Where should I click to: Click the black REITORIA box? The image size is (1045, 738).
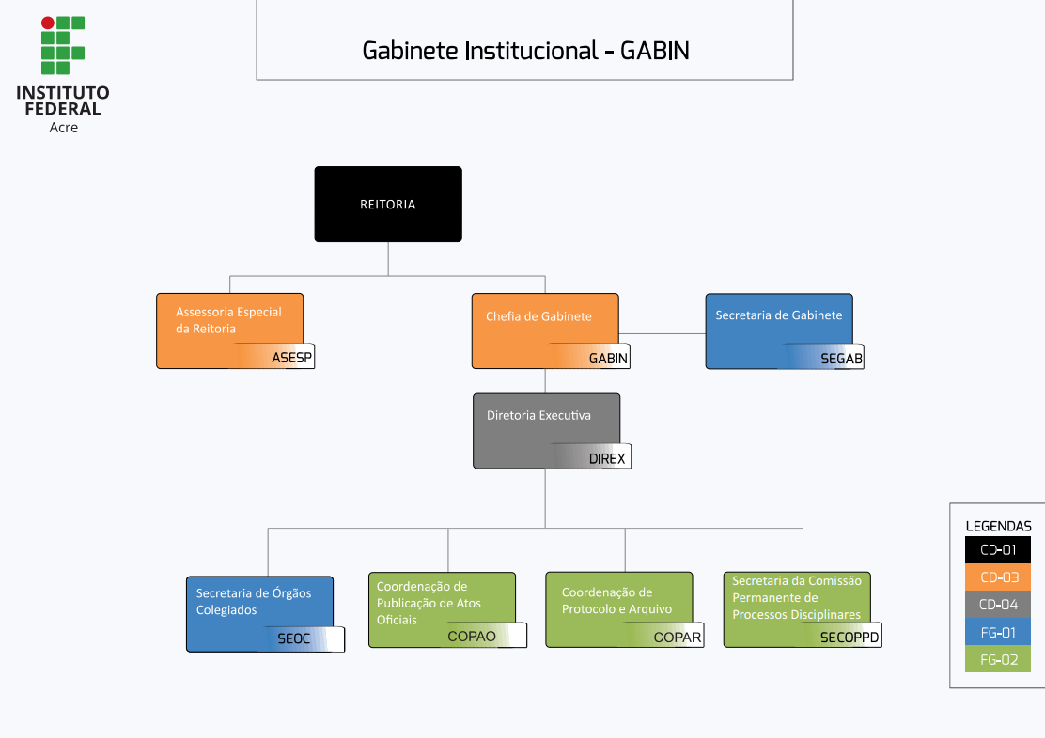[x=387, y=204]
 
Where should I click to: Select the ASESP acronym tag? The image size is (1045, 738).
[x=291, y=358]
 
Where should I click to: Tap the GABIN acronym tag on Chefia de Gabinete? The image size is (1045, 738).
[x=608, y=359]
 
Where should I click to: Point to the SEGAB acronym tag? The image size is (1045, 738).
[x=841, y=359]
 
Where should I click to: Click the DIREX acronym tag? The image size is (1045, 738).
[x=606, y=459]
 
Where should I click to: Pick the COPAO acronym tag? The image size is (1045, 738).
[x=472, y=636]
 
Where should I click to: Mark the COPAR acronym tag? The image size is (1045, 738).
[x=678, y=637]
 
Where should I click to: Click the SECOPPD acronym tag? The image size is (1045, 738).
[x=850, y=637]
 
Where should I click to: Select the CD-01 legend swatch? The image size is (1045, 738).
[x=998, y=550]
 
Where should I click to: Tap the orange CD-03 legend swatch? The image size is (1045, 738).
[x=998, y=577]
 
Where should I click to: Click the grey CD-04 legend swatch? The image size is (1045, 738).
[x=998, y=605]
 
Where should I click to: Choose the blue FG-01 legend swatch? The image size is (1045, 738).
[x=998, y=632]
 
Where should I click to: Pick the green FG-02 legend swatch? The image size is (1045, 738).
[x=998, y=659]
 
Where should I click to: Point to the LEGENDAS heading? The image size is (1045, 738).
[x=998, y=526]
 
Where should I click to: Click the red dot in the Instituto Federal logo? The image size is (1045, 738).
[x=48, y=23]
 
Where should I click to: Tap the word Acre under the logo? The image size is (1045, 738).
[x=63, y=128]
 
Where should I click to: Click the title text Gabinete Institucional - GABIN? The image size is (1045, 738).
[x=525, y=51]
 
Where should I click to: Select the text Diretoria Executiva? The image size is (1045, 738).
[x=538, y=415]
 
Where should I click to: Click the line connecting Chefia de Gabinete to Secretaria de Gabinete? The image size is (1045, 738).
[x=663, y=333]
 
